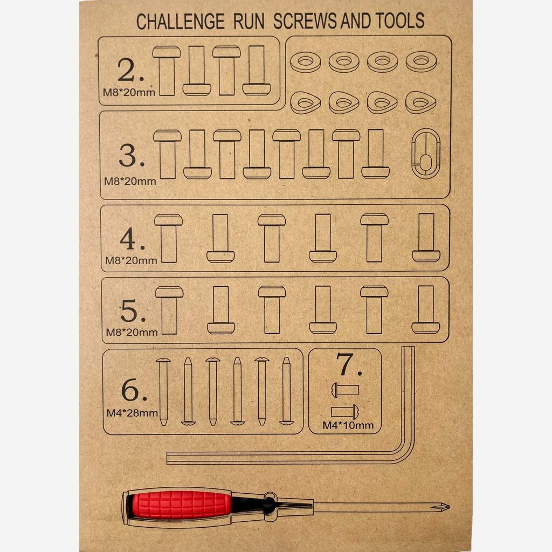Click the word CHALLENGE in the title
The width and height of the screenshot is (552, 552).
pos(180,22)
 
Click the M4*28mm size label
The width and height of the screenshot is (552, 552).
pos(132,413)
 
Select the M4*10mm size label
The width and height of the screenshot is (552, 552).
pos(348,425)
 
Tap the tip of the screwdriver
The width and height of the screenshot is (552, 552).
pos(448,507)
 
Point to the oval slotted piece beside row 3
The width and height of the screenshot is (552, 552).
pos(412,154)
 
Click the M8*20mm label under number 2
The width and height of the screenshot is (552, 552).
pos(129,93)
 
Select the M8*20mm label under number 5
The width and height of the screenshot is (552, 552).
pos(132,332)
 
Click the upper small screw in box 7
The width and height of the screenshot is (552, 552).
pos(345,390)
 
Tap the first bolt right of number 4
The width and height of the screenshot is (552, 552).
pos(168,238)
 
